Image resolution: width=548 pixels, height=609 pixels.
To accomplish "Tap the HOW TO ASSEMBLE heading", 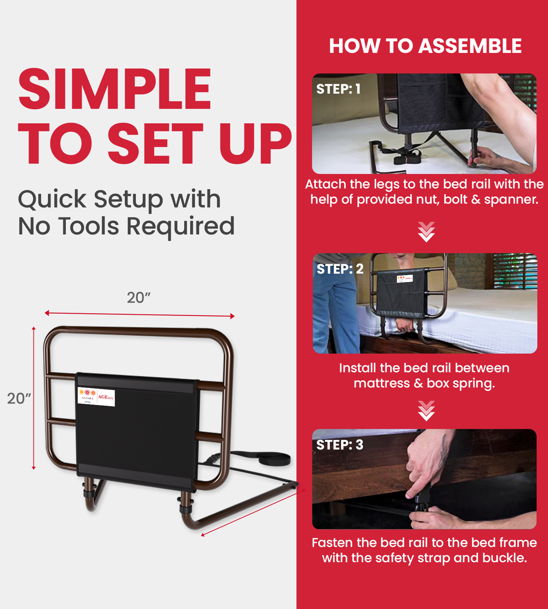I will click(x=425, y=46).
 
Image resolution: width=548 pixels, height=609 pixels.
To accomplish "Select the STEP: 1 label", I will click(x=338, y=89).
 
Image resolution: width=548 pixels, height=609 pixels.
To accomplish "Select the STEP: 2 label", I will click(x=340, y=269).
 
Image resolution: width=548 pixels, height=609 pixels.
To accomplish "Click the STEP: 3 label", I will click(x=339, y=445).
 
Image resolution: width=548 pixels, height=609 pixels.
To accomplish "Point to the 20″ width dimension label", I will click(x=139, y=298).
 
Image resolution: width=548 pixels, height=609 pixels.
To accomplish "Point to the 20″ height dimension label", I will click(x=19, y=399).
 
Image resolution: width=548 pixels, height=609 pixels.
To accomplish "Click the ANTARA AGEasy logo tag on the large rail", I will click(x=96, y=397).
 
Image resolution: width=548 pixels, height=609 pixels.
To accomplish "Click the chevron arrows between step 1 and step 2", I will click(x=426, y=232).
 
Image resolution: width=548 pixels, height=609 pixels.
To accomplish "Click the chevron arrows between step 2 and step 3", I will click(x=426, y=411).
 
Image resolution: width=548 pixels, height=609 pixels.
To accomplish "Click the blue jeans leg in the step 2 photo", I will click(x=337, y=316).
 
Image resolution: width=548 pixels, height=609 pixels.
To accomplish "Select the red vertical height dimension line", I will click(x=33, y=398).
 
